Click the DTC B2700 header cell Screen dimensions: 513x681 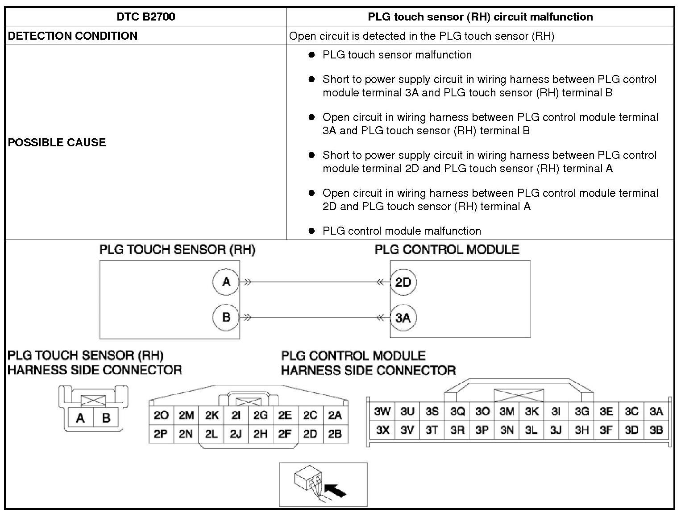146,17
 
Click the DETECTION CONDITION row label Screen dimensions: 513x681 73,36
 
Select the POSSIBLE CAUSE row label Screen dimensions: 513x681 57,142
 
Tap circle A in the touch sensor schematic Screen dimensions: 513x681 226,282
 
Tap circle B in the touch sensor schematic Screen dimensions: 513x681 226,317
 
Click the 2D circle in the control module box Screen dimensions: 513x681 403,282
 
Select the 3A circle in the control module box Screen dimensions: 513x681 403,317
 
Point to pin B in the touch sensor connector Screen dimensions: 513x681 106,418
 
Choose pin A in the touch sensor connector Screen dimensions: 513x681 81,418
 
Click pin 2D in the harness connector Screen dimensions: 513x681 310,434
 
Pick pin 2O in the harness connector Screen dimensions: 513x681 161,415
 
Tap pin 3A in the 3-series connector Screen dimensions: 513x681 656,411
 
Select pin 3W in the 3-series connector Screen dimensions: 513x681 382,411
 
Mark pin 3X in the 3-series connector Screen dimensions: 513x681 382,430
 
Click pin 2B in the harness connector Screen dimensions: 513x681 335,434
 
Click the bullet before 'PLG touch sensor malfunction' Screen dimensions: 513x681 312,55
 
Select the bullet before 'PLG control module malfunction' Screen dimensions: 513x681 312,231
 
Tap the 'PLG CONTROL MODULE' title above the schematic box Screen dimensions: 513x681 447,249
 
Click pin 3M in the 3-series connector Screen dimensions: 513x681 507,411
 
